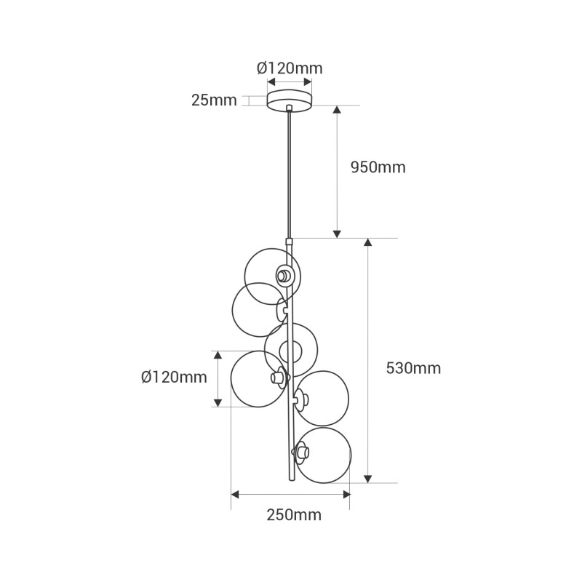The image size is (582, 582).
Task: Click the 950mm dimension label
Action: point(378,167)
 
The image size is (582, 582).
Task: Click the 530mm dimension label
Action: point(413,368)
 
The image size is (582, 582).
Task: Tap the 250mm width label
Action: point(294,515)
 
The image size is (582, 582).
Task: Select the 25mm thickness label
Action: point(214,100)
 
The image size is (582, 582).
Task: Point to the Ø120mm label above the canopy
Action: point(290,68)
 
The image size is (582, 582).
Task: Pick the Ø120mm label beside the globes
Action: point(174,377)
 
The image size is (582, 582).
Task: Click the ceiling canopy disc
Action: point(290,100)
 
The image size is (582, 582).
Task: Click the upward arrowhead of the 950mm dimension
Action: point(337,110)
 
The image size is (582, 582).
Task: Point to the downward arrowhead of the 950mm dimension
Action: point(337,234)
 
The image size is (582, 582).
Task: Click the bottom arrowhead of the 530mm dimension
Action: point(368,478)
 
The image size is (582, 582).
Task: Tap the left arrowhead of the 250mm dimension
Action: point(235,495)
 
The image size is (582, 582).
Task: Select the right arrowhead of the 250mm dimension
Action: point(346,495)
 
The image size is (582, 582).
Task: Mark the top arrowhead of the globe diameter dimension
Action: point(217,355)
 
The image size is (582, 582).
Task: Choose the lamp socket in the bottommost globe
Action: point(299,453)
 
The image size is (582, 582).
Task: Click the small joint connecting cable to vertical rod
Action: point(290,239)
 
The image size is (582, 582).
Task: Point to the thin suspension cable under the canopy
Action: point(290,175)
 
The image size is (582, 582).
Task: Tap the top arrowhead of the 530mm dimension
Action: point(368,243)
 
